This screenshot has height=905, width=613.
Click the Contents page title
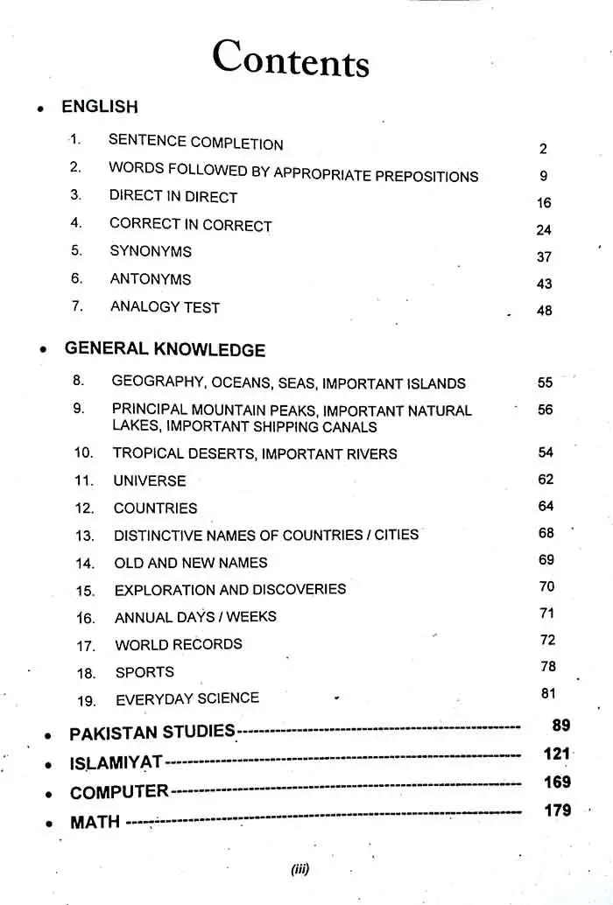point(291,60)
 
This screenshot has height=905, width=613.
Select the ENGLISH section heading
point(99,107)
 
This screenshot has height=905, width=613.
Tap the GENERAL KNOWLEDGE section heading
point(165,349)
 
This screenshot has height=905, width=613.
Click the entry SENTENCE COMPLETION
point(195,142)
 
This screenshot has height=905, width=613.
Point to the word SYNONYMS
point(151,251)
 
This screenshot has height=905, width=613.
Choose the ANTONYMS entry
point(151,279)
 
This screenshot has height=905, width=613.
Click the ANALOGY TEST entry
point(165,307)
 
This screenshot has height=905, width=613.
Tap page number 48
point(544,311)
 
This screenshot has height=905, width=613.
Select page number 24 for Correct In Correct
point(544,231)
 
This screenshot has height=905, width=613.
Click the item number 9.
point(79,408)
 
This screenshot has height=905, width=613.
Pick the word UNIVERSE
point(150,481)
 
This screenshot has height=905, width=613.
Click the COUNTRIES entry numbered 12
point(155,509)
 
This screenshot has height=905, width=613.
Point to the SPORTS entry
point(144,672)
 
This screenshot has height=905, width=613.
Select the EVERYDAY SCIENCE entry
point(187,698)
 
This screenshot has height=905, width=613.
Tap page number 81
point(548,694)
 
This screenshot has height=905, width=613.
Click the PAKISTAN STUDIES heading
point(152,733)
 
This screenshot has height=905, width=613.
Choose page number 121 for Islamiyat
point(557,754)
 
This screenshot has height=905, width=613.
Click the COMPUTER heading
point(119,793)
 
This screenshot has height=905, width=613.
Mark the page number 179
point(557,810)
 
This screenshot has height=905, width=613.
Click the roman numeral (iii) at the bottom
point(300,870)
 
